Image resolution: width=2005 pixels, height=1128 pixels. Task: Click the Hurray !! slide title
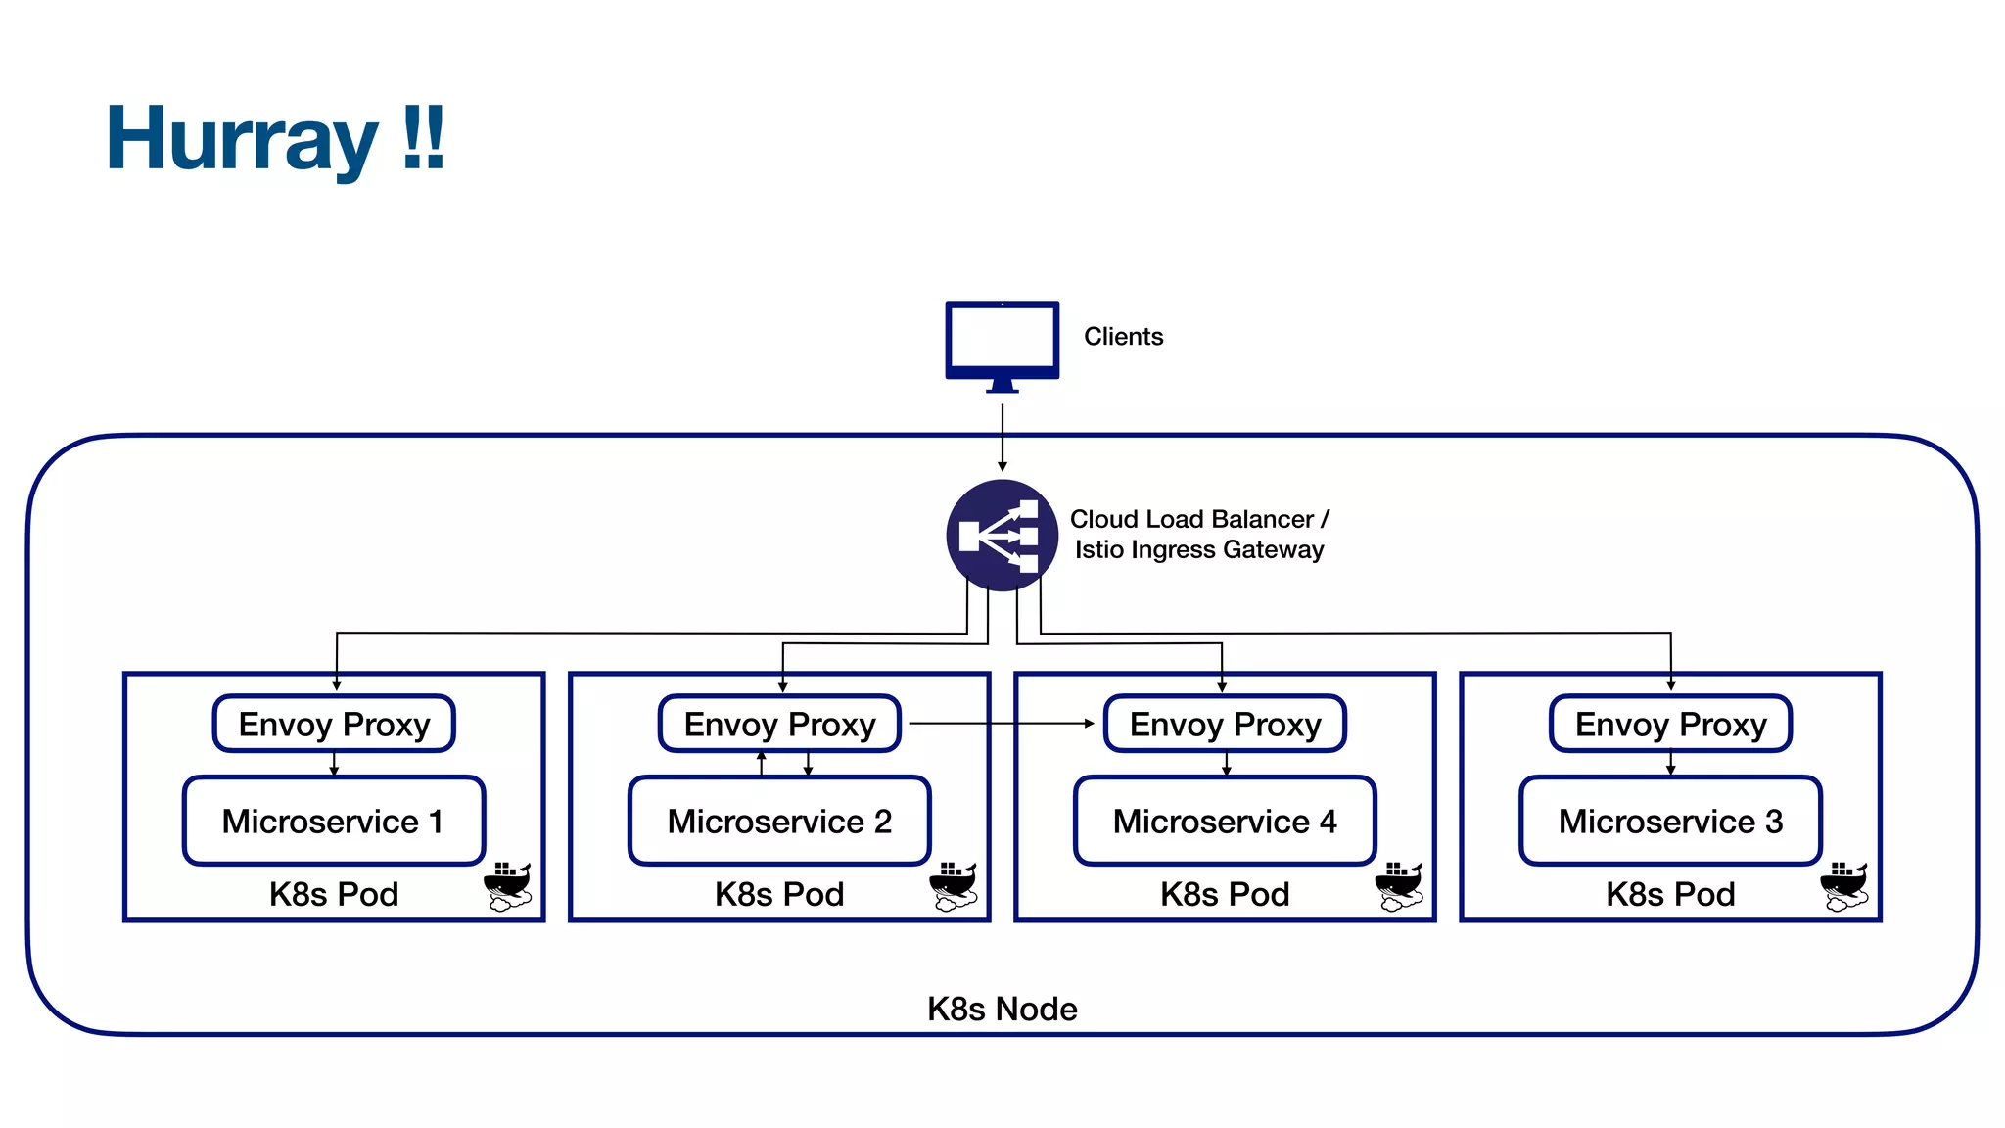coord(275,139)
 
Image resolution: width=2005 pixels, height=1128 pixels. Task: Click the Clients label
coord(1123,337)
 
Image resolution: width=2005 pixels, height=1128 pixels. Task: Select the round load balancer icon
coord(1002,535)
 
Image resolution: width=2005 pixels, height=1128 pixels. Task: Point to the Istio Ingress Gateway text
coord(1198,550)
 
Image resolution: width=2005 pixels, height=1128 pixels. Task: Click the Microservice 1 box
coord(334,821)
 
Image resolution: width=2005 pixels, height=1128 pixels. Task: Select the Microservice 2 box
coord(779,821)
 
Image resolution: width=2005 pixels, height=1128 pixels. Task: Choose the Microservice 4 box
coord(1225,821)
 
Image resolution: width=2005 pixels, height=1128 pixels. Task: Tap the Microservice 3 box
coord(1670,821)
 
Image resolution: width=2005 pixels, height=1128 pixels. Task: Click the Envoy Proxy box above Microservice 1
coord(334,725)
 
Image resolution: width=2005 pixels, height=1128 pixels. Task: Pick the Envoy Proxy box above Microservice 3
coord(1670,725)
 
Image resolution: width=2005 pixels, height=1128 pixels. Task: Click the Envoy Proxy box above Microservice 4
coord(1225,725)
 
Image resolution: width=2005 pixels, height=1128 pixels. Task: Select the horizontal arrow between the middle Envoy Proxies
coord(1001,724)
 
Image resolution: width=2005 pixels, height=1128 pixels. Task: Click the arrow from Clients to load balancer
coord(1002,437)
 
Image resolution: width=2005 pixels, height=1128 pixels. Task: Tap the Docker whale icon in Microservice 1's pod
coord(508,886)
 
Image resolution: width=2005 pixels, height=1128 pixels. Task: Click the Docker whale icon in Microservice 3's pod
coord(1844,886)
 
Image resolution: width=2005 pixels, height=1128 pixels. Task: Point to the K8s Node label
coord(1002,1009)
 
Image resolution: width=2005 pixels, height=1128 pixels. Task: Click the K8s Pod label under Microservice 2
coord(779,894)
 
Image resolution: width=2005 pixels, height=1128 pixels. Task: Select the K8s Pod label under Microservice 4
coord(1225,894)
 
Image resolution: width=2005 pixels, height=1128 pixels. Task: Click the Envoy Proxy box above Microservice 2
coord(779,725)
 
